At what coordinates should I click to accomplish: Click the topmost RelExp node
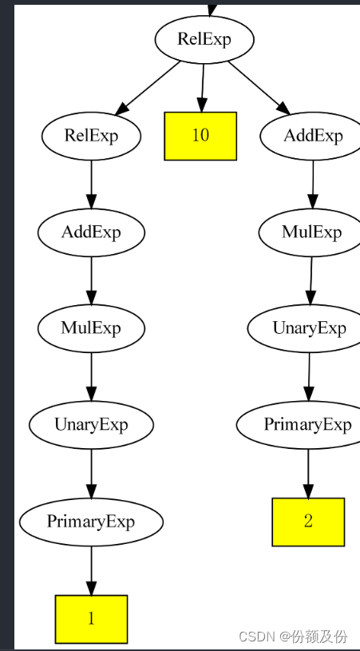point(204,38)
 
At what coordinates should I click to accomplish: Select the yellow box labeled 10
point(200,135)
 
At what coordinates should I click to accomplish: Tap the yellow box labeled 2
point(308,522)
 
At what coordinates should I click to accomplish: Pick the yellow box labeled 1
point(91,619)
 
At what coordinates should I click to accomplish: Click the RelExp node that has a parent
point(91,135)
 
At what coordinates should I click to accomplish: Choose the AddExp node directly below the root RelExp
point(313,135)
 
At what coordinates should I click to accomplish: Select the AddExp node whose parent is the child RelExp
point(91,232)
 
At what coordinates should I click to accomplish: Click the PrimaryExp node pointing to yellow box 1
point(91,522)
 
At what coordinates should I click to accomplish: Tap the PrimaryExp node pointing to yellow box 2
point(307,424)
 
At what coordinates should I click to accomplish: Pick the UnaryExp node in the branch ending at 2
point(309,328)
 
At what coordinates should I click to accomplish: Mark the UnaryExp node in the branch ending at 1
point(91,424)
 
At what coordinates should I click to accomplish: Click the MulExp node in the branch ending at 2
point(311,232)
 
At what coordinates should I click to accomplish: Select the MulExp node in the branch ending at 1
point(91,327)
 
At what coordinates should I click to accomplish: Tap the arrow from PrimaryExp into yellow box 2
point(308,471)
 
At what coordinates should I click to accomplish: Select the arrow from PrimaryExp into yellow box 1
point(91,569)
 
